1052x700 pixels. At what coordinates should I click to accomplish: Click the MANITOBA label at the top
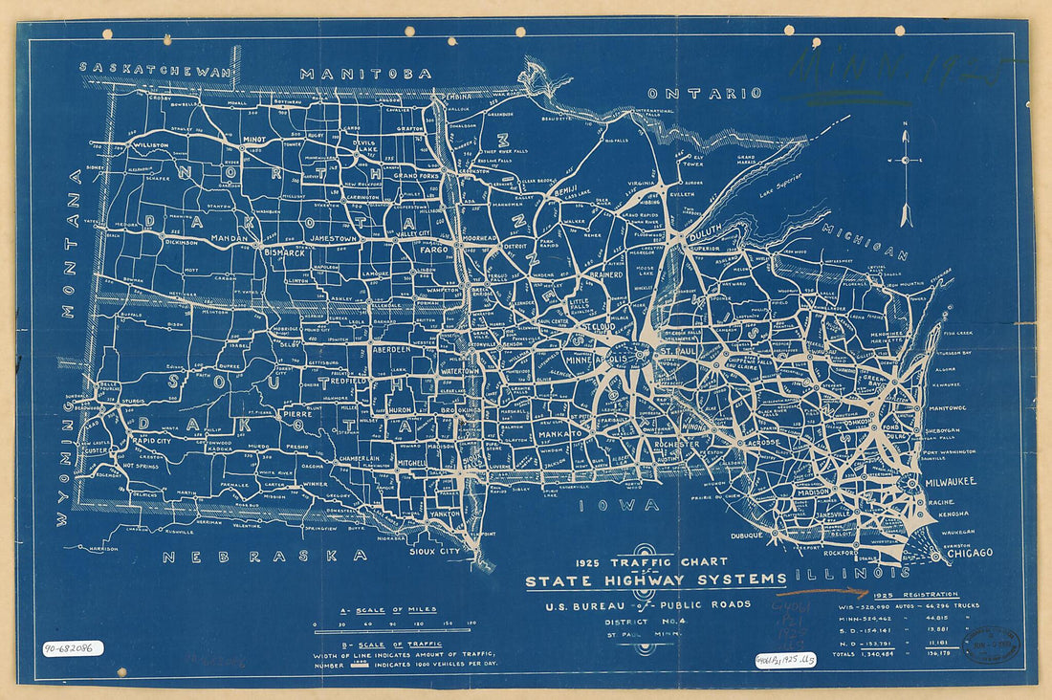pyautogui.click(x=365, y=73)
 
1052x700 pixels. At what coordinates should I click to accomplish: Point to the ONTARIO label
pyautogui.click(x=705, y=93)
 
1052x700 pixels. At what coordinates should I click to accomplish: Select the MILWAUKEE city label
pyautogui.click(x=950, y=483)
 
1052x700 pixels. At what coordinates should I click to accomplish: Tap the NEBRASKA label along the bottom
pyautogui.click(x=264, y=556)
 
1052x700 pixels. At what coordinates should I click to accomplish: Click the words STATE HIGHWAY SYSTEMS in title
pyautogui.click(x=655, y=580)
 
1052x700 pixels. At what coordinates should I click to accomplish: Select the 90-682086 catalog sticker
pyautogui.click(x=73, y=647)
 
